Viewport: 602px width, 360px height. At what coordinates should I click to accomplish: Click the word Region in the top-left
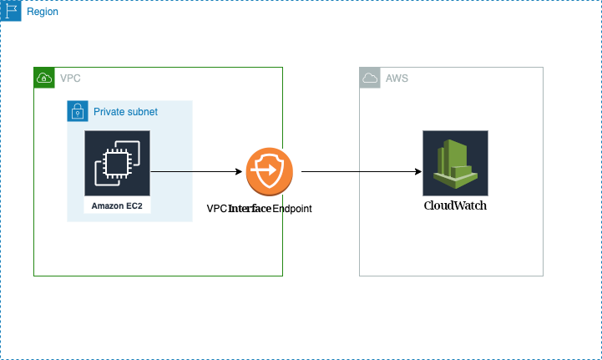(x=43, y=13)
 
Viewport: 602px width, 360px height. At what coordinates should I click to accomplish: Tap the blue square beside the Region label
(x=11, y=11)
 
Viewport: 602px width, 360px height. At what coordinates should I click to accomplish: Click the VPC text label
(x=70, y=79)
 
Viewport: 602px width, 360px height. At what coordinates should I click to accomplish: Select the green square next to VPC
(x=44, y=78)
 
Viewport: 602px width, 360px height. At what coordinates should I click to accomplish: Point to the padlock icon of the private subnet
(x=78, y=111)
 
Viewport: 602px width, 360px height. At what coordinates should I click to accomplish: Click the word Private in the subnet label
(x=109, y=111)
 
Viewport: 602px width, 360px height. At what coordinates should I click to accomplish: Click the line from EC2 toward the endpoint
(x=172, y=172)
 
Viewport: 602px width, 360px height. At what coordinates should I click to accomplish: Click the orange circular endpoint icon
(x=269, y=172)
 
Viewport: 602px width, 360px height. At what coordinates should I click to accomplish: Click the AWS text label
(x=397, y=79)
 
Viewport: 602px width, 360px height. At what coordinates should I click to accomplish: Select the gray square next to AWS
(x=370, y=78)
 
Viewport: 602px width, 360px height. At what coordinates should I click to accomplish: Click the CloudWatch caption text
(x=455, y=205)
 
